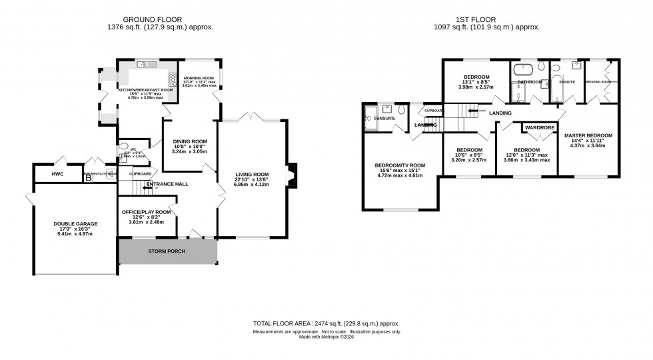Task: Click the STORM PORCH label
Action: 167,251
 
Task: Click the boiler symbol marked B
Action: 87,177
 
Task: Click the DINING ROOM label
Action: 190,141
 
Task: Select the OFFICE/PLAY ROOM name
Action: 146,212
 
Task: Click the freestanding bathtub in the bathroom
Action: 522,68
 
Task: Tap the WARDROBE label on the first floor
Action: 540,127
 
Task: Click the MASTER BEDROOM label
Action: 588,135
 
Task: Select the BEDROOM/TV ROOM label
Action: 400,165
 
